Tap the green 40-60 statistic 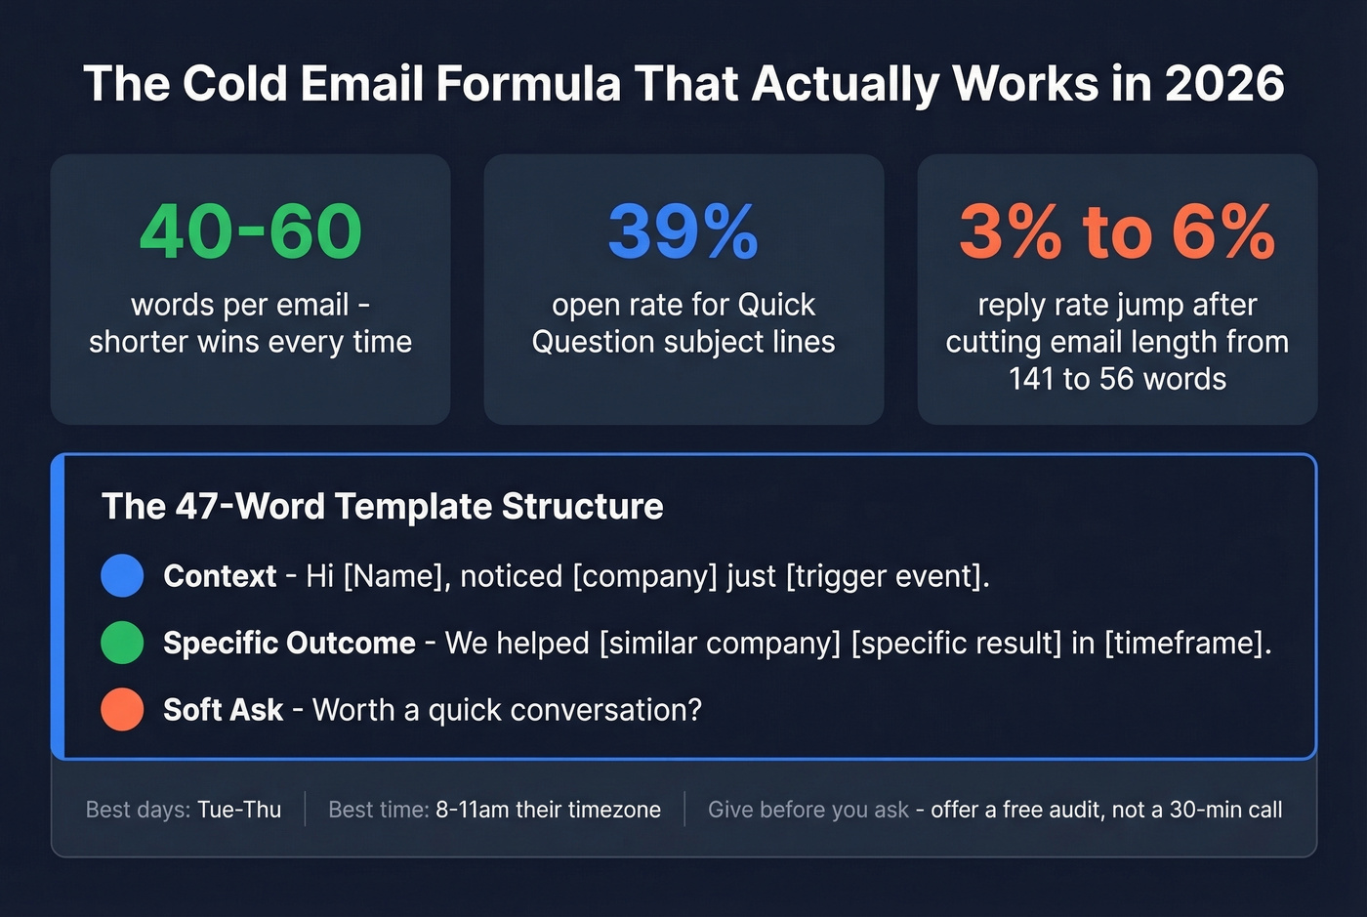coord(250,232)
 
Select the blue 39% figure coord(683,232)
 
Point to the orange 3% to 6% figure coord(1117,232)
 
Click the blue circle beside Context coord(122,576)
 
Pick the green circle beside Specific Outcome coord(122,643)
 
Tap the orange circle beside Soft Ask coord(122,710)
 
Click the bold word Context coord(220,576)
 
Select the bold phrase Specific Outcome coord(289,643)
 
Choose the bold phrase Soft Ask coord(223,710)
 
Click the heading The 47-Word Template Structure coord(382,506)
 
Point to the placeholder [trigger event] coord(887,576)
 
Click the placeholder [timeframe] coord(1187,643)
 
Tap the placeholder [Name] coord(396,576)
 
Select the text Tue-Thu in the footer coord(239,810)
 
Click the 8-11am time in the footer coord(472,810)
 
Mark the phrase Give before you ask coord(808,810)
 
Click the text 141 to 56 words coord(1117,379)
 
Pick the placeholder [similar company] coord(720,643)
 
